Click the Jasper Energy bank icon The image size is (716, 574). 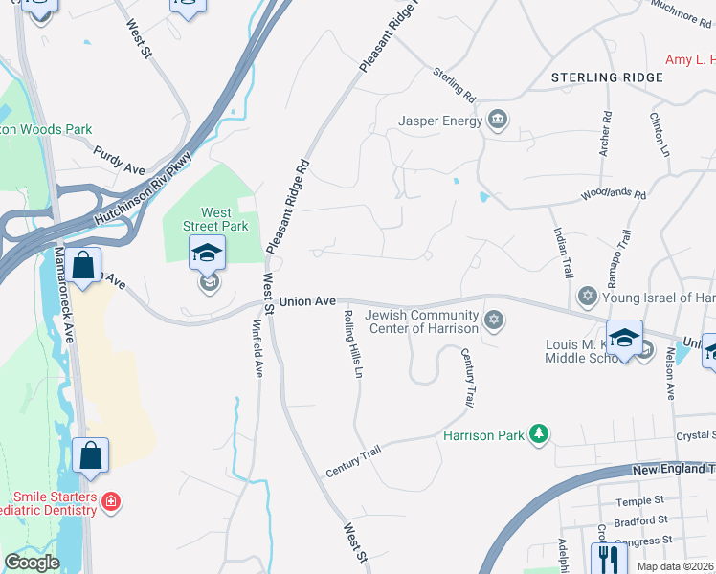[x=498, y=120]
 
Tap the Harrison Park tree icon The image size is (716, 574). [x=540, y=435]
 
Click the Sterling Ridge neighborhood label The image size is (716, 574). [x=608, y=77]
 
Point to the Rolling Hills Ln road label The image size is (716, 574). [x=352, y=342]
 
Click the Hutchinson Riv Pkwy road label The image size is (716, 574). [x=144, y=189]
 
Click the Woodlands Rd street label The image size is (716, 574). [x=614, y=195]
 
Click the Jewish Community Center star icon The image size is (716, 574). [x=493, y=319]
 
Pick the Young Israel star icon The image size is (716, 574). [x=589, y=298]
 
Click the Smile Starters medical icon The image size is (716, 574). [x=112, y=501]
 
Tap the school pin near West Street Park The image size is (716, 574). [x=207, y=254]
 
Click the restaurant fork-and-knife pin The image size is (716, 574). [x=609, y=558]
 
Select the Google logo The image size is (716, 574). [x=32, y=563]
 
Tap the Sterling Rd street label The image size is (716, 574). [x=454, y=85]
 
